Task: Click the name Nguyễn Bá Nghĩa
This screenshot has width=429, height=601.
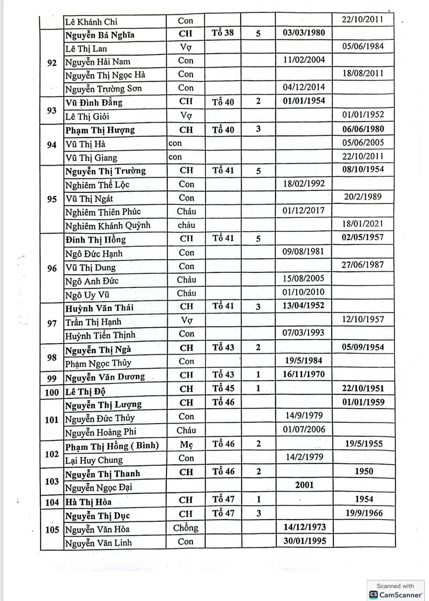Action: (100, 35)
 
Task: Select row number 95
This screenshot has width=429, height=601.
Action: (52, 199)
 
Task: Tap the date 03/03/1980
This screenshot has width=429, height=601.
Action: (304, 33)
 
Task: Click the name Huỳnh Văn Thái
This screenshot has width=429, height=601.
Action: (99, 308)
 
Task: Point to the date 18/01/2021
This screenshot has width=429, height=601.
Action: (363, 224)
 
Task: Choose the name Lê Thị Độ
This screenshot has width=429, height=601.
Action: (85, 392)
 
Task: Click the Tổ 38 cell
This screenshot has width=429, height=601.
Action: (223, 33)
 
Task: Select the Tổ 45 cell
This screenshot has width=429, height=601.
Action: (223, 388)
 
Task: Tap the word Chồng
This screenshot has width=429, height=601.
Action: (185, 528)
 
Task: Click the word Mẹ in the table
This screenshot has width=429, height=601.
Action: (186, 445)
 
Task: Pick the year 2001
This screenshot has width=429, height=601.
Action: (304, 485)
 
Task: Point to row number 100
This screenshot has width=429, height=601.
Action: (52, 392)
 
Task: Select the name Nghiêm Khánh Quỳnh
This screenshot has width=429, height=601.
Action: (108, 226)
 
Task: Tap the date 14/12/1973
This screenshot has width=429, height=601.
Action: (304, 527)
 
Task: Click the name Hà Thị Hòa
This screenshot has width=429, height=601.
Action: (88, 502)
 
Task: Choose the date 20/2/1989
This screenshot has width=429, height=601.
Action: (363, 197)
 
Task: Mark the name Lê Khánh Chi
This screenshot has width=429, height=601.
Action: (91, 22)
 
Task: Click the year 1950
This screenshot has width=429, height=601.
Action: (364, 471)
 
